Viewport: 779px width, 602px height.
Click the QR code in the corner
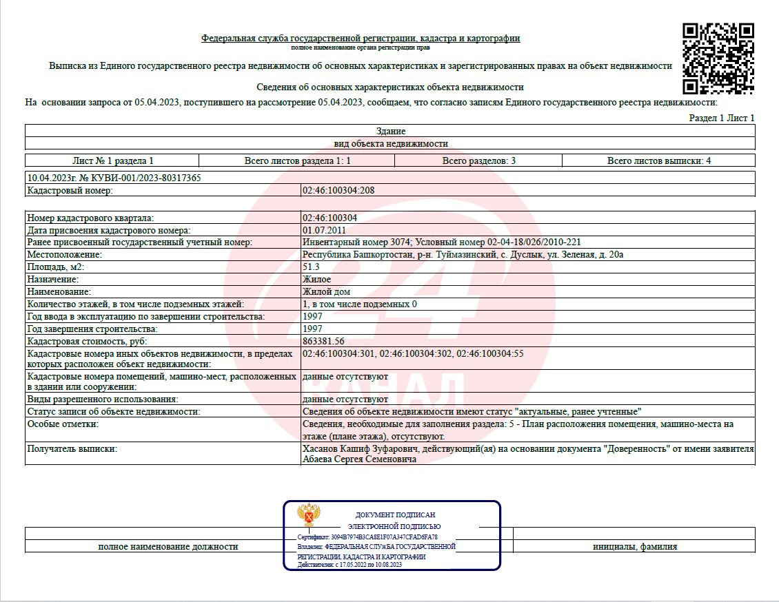click(718, 59)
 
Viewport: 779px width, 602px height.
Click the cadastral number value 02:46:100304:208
click(338, 190)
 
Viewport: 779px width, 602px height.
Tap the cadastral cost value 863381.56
click(323, 342)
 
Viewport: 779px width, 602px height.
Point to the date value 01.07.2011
click(324, 230)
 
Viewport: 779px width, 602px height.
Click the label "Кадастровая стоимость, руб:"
click(87, 342)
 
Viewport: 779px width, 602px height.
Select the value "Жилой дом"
click(326, 292)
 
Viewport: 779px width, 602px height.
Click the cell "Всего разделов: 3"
click(478, 160)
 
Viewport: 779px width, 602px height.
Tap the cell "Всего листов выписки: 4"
click(658, 160)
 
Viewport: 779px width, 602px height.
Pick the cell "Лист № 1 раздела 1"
click(112, 160)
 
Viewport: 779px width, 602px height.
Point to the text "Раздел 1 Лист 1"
click(722, 118)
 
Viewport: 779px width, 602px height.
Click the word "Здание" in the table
click(391, 131)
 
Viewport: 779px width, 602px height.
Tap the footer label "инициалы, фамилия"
click(634, 546)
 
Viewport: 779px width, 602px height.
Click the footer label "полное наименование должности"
click(168, 546)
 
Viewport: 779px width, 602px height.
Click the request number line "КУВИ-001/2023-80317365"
click(114, 178)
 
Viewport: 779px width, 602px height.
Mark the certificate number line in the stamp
click(367, 537)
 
